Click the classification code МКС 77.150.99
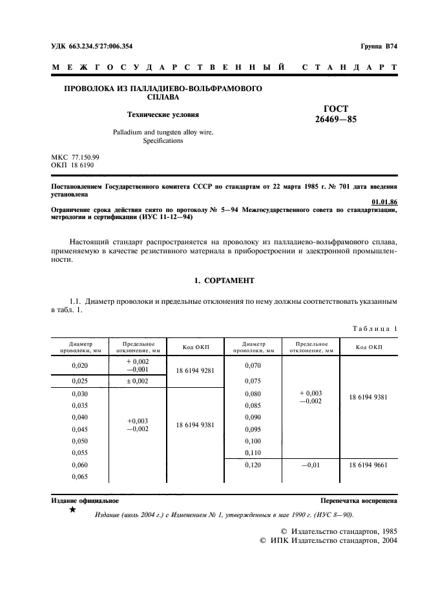click(x=75, y=157)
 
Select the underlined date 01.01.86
click(x=386, y=202)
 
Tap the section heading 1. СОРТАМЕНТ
click(x=224, y=281)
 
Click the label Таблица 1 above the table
click(x=375, y=328)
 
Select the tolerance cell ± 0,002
click(x=137, y=381)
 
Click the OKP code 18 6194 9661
click(x=369, y=465)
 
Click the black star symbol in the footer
click(x=72, y=511)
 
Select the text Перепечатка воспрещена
click(x=359, y=501)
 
